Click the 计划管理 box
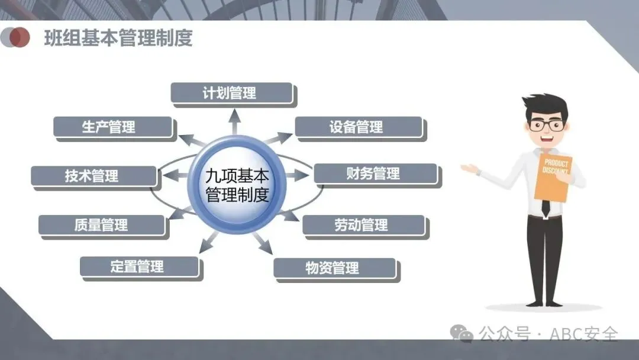click(232, 93)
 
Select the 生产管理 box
click(112, 127)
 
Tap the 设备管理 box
click(359, 127)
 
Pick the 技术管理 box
click(93, 176)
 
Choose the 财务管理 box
click(375, 173)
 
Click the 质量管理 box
click(101, 225)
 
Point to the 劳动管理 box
click(363, 225)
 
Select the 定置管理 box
click(138, 266)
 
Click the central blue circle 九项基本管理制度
click(237, 185)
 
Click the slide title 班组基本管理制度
click(118, 38)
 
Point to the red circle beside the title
click(20, 37)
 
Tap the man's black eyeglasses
click(546, 125)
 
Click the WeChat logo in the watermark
click(462, 333)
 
